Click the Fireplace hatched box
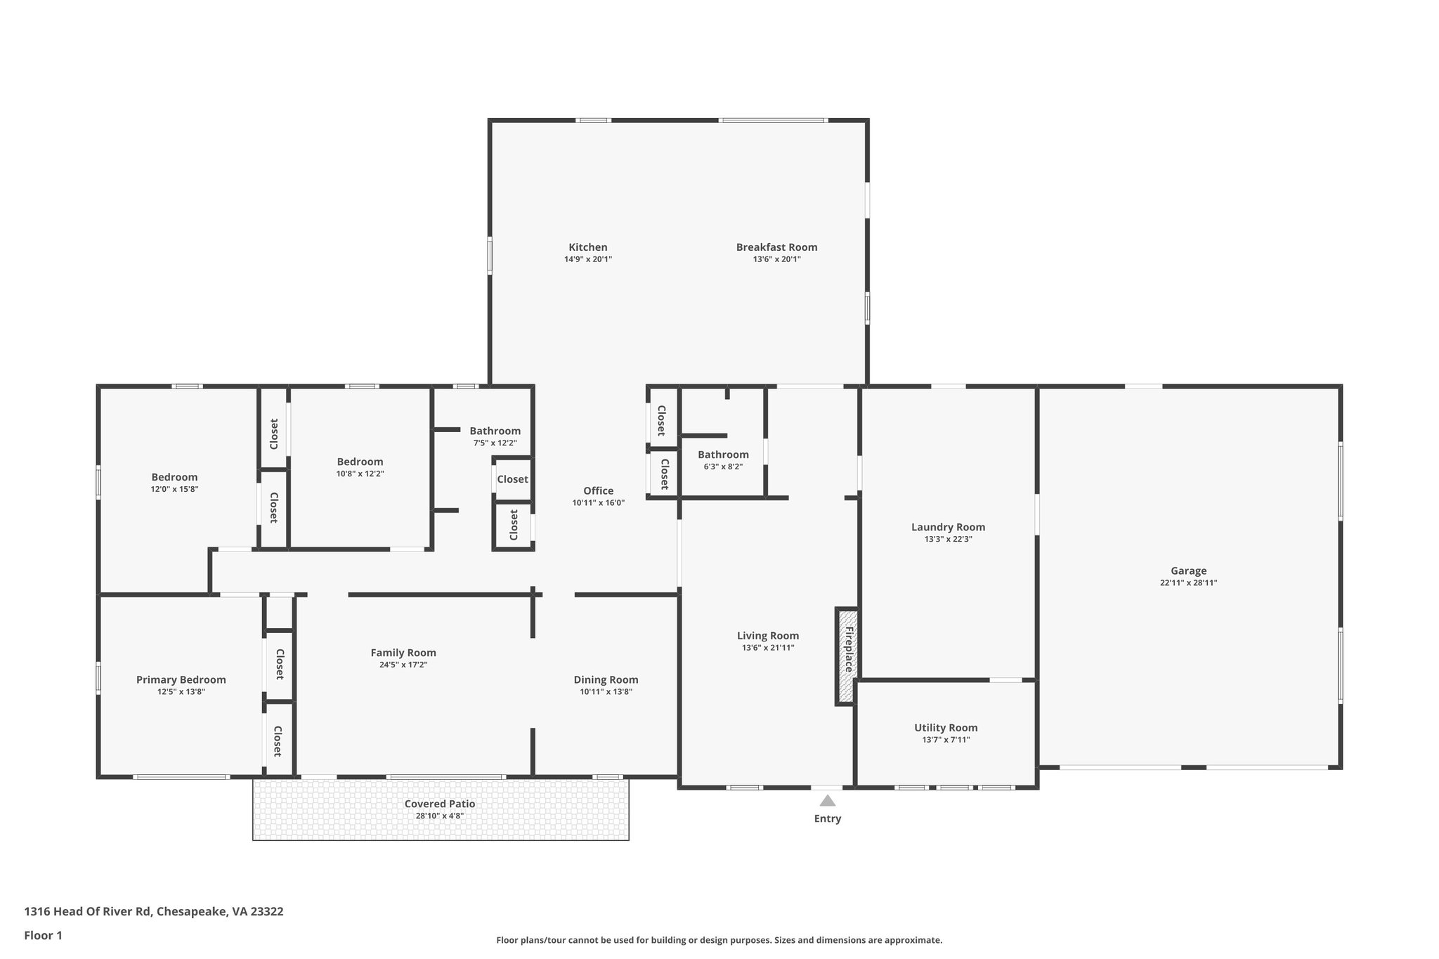(x=847, y=657)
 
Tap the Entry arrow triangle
(x=828, y=800)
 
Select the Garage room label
(x=1188, y=571)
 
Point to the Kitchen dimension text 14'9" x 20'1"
(x=588, y=259)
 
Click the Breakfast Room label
(x=776, y=247)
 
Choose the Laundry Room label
(x=948, y=527)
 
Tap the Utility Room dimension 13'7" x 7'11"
(x=946, y=740)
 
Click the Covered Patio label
(x=440, y=804)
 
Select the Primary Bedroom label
(x=181, y=679)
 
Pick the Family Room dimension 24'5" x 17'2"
(x=403, y=665)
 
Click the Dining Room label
(x=606, y=679)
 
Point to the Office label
(x=598, y=490)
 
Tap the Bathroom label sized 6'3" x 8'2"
(x=723, y=455)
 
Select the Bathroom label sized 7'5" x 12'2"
(x=495, y=431)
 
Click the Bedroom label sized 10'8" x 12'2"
(x=360, y=462)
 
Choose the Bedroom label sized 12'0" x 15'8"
(x=174, y=477)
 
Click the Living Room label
(x=768, y=636)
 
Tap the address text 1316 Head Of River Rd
(x=88, y=911)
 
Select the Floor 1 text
(x=44, y=935)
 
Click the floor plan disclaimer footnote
(x=719, y=940)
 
